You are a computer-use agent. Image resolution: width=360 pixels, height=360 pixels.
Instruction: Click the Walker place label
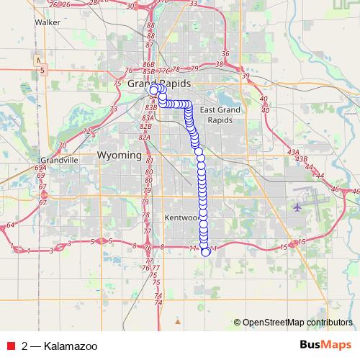click(47, 22)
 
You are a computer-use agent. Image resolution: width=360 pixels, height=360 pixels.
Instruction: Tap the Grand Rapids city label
click(159, 84)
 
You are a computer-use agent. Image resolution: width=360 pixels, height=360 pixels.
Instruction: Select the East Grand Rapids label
click(217, 114)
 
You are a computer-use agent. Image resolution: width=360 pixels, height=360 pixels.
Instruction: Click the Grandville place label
click(59, 160)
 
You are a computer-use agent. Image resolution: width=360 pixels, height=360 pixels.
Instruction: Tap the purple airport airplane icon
click(297, 207)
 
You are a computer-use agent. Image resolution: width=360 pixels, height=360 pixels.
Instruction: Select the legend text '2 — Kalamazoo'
click(52, 346)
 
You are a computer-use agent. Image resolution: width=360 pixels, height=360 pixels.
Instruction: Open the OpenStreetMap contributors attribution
click(297, 322)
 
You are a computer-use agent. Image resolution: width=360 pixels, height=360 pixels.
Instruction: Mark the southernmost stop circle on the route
click(205, 251)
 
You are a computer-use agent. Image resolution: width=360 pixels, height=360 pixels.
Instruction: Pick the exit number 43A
click(292, 153)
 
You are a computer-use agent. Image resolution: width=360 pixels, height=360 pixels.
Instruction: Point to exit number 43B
click(302, 159)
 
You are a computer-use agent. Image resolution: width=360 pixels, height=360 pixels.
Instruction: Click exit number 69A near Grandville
click(40, 168)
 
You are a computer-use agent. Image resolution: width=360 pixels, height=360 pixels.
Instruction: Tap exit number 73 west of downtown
click(114, 109)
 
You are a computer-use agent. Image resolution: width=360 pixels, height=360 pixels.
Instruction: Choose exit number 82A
click(144, 136)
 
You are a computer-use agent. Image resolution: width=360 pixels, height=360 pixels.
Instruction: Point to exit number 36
click(225, 53)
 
